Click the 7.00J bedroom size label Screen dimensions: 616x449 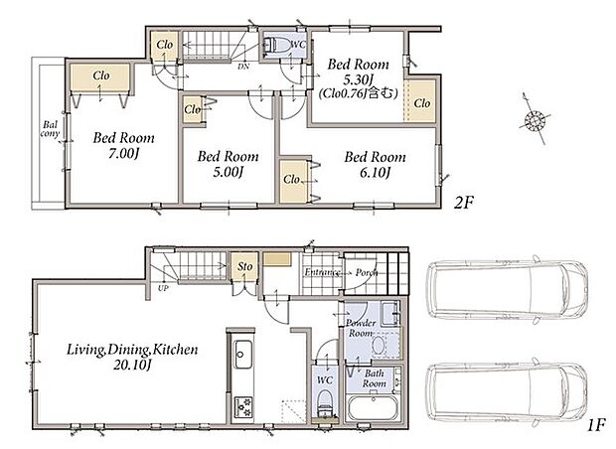click(x=123, y=154)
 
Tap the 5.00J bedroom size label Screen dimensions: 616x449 click(x=229, y=172)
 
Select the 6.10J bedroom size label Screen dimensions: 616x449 click(x=375, y=173)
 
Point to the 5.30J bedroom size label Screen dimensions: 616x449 click(x=359, y=80)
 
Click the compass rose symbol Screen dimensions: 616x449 click(x=535, y=118)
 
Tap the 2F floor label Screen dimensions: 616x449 click(x=464, y=203)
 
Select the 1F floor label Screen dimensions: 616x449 click(x=596, y=425)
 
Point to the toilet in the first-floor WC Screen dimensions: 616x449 click(x=325, y=402)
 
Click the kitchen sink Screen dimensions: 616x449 click(x=243, y=355)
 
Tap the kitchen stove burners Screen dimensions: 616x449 click(x=243, y=407)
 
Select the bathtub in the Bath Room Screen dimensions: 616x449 click(x=374, y=408)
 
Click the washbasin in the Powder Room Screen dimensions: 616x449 click(x=378, y=346)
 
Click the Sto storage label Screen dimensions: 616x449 click(x=244, y=266)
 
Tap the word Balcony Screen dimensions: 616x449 click(x=51, y=129)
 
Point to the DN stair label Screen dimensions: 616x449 click(x=243, y=67)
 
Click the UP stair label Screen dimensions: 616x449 click(x=163, y=288)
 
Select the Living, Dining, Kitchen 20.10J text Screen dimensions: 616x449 click(x=132, y=357)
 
